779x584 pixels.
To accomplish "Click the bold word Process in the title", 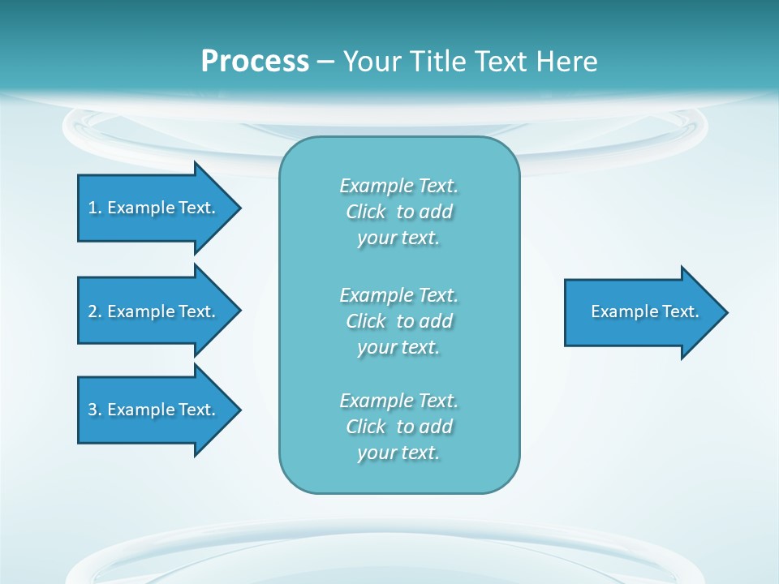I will (255, 61).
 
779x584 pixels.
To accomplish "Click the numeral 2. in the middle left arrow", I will (94, 311).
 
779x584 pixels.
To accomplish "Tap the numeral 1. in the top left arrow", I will (94, 208).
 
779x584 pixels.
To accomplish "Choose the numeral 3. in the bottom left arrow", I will (94, 410).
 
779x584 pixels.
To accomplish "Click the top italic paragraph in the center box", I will (398, 212).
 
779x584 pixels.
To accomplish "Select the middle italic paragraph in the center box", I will (398, 320).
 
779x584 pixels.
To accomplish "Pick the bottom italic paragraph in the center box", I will (398, 427).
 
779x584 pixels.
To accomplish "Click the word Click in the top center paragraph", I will (366, 212).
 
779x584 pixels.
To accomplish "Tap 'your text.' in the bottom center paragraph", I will (398, 453).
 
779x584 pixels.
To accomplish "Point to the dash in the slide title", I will (326, 62).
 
